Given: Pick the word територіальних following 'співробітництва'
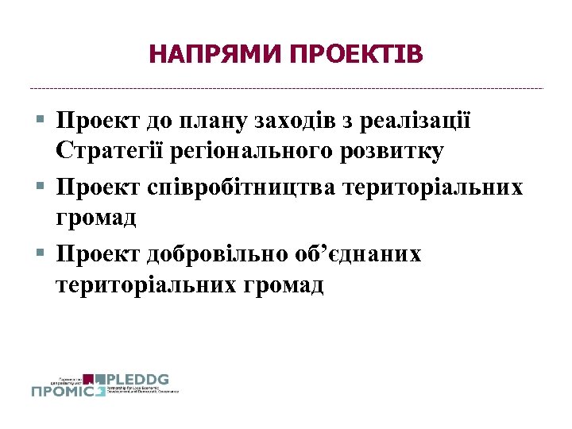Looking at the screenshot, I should (x=433, y=188).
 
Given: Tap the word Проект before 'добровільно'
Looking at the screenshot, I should (x=99, y=255).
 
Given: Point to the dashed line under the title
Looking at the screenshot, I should (x=286, y=88).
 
